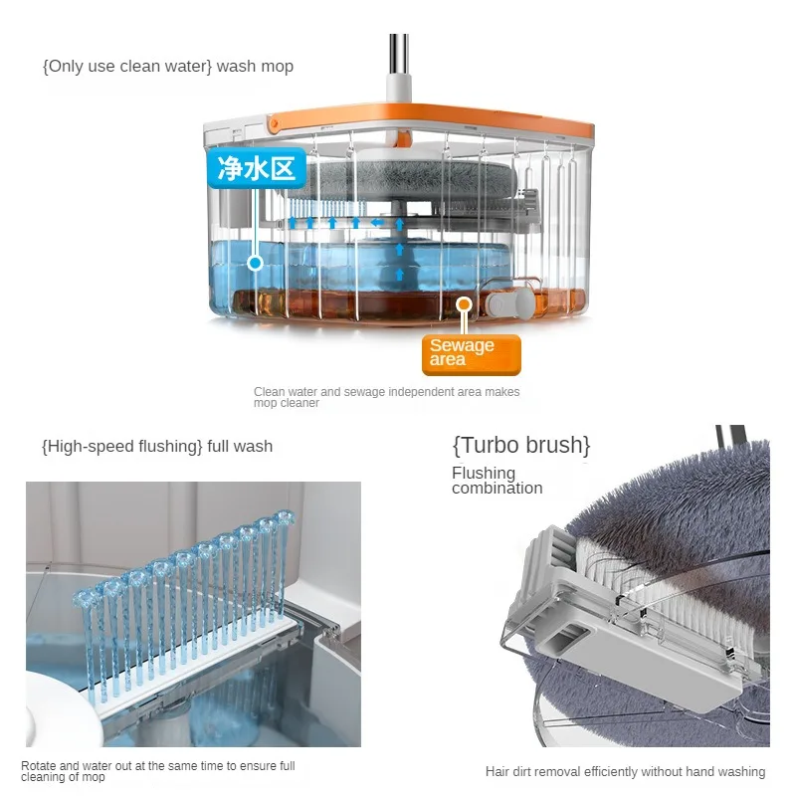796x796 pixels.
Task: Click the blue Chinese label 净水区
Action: click(x=256, y=168)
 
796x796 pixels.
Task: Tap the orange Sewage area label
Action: click(x=471, y=353)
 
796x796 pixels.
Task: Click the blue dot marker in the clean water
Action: click(x=255, y=263)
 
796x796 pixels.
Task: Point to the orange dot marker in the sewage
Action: click(x=463, y=304)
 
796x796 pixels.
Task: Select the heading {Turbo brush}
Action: click(x=521, y=444)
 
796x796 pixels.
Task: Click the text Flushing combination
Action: click(x=497, y=481)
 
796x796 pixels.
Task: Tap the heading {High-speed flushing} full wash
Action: click(x=157, y=446)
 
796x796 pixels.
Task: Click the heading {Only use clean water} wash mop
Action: click(x=168, y=67)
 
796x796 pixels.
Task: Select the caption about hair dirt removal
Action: click(x=625, y=771)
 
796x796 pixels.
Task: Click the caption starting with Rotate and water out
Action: click(x=158, y=771)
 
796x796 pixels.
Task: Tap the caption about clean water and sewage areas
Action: click(x=386, y=397)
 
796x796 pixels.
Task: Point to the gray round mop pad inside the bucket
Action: click(x=418, y=179)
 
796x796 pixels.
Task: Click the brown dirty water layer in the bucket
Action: click(x=368, y=303)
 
